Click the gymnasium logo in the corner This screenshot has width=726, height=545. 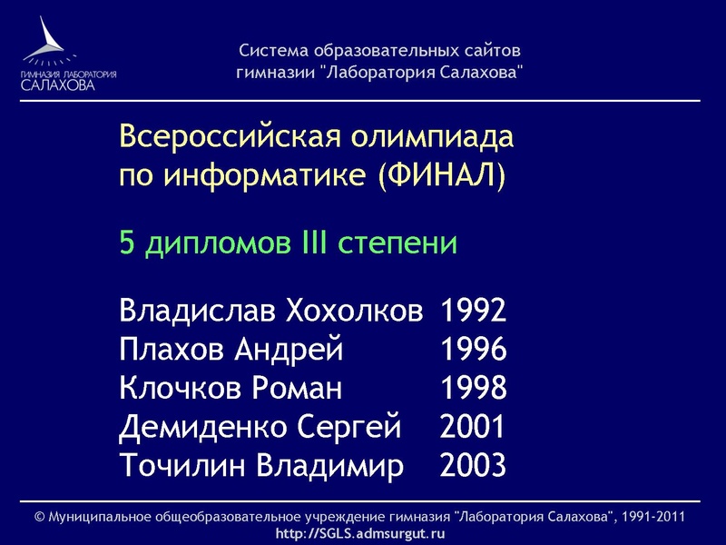coord(68,54)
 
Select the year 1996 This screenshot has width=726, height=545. coord(473,350)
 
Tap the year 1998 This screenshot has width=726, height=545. coord(473,389)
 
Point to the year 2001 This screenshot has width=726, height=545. coord(473,427)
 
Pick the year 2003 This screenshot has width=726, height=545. coord(473,466)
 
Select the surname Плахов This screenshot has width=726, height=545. coord(172,350)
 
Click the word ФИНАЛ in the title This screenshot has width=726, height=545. coord(441,174)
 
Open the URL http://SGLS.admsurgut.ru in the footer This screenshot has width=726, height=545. coord(360,532)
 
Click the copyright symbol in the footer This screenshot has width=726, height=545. coord(39,517)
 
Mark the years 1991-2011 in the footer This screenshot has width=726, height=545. coord(651,517)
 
